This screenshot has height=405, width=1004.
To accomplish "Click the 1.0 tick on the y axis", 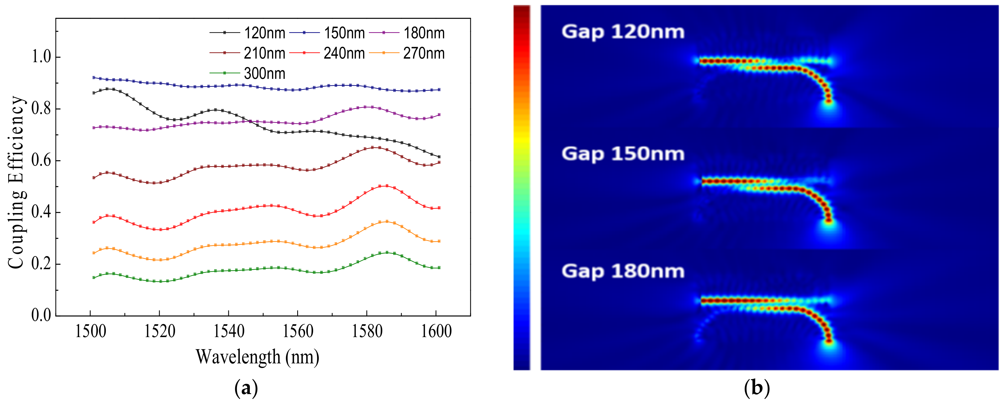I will tap(41, 57).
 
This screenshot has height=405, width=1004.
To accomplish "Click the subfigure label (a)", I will tap(246, 388).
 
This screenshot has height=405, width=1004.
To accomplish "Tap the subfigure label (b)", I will tap(757, 388).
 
